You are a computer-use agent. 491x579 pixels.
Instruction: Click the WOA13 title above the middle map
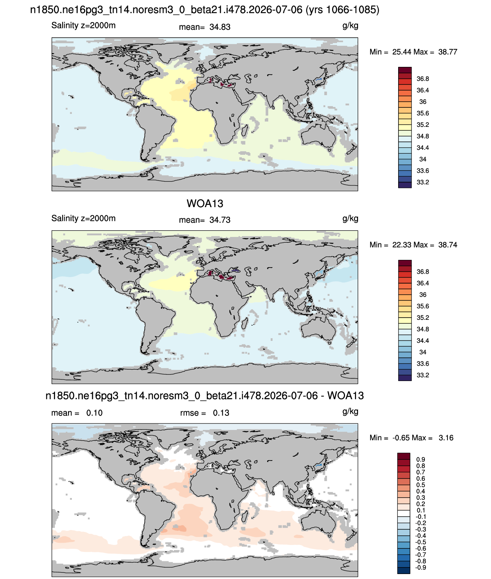pos(205,204)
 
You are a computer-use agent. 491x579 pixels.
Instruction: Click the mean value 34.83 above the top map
pos(220,27)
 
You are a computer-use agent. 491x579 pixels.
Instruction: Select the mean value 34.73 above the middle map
pos(220,220)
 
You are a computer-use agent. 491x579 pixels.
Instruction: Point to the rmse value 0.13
pos(221,413)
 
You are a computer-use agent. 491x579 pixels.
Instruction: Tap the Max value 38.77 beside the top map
pos(447,52)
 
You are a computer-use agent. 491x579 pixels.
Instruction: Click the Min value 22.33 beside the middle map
pos(402,245)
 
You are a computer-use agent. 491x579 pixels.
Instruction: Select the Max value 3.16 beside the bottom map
pos(446,438)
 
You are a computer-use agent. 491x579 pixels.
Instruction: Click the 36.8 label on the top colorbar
pos(423,79)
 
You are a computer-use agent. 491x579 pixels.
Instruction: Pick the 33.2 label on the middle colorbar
pos(423,375)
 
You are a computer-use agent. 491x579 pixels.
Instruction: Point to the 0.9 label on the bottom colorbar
pos(420,459)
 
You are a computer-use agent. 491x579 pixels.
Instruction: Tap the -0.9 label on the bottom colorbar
pos(420,568)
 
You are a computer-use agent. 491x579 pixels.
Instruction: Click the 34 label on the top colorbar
pos(423,159)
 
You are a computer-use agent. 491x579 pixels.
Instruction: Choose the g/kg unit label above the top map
pos(350,26)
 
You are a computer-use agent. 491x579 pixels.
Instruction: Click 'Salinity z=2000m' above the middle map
pos(83,219)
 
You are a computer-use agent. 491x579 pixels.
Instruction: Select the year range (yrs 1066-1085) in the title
pos(342,10)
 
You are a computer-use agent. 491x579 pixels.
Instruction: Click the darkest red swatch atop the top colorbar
pos(405,70)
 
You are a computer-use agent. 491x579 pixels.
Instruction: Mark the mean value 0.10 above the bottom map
pos(94,413)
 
